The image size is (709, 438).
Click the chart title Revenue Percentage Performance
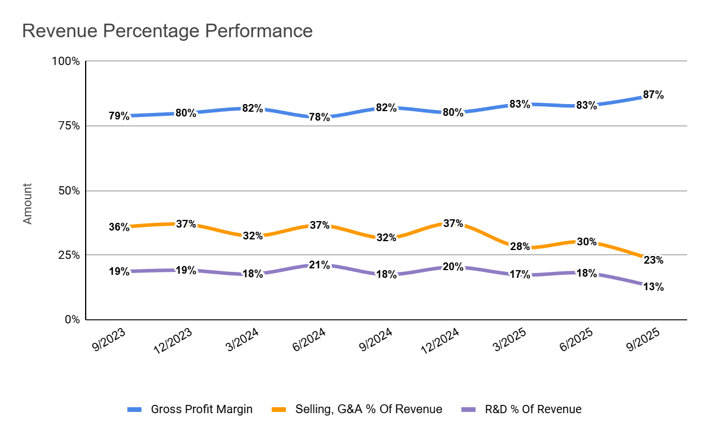(x=167, y=31)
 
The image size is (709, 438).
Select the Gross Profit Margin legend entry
(x=201, y=409)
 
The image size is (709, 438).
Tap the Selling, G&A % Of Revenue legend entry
(x=368, y=409)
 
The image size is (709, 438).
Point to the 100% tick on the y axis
(x=67, y=61)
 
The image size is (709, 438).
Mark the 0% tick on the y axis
(x=72, y=320)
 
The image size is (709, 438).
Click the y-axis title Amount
(x=28, y=203)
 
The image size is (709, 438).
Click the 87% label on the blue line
(x=653, y=95)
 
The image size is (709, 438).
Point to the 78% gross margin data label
(x=319, y=117)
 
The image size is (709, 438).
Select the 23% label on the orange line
(x=653, y=260)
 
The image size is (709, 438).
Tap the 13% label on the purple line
(x=653, y=287)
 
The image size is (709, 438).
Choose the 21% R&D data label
(x=319, y=265)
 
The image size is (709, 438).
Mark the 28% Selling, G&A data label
(x=520, y=246)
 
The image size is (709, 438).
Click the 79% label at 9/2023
(x=119, y=116)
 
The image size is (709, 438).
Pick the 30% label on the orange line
(x=587, y=241)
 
